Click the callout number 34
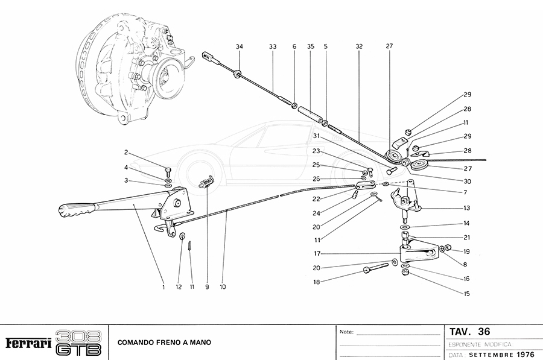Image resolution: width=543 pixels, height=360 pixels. pos(240,46)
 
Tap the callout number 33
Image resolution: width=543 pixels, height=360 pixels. pos(273,46)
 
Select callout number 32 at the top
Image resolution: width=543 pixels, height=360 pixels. pos(359,46)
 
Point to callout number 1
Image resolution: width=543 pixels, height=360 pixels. pos(163,287)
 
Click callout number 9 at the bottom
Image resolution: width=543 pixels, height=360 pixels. pos(206,287)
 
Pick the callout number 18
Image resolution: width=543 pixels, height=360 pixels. pos(316,282)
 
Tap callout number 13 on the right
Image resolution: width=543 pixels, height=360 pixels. pos(467,208)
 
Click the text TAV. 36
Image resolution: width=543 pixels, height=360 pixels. pos(469,332)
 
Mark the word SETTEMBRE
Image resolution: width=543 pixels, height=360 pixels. pos(490,354)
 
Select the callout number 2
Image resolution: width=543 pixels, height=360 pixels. pos(126,152)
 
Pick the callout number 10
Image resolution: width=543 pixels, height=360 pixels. pos(223,287)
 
